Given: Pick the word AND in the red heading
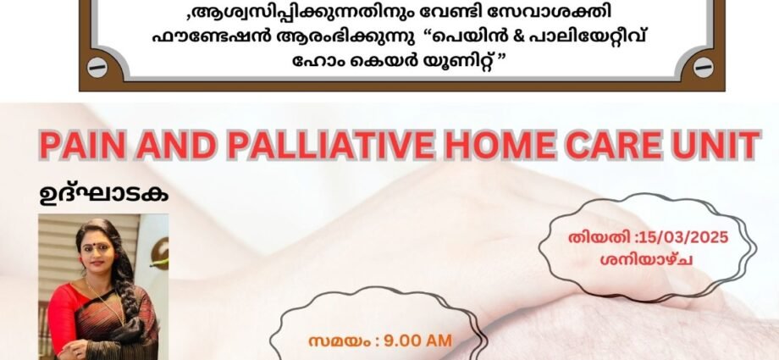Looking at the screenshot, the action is [177, 145].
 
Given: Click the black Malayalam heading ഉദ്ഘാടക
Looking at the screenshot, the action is [103, 195].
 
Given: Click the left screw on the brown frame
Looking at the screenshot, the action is [97, 68].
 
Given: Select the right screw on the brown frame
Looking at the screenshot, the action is [703, 68].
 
